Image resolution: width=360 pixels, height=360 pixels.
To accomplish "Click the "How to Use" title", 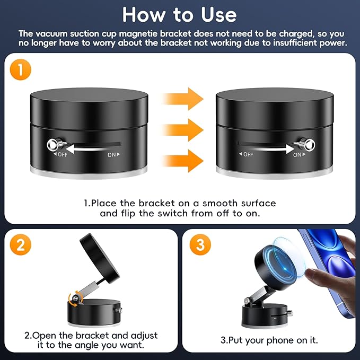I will (x=180, y=14).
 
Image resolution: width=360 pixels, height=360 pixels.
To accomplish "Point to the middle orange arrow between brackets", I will (x=183, y=129).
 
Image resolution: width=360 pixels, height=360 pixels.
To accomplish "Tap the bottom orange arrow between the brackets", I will (x=183, y=160).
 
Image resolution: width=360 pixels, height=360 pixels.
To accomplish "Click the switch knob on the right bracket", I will (x=305, y=144).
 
